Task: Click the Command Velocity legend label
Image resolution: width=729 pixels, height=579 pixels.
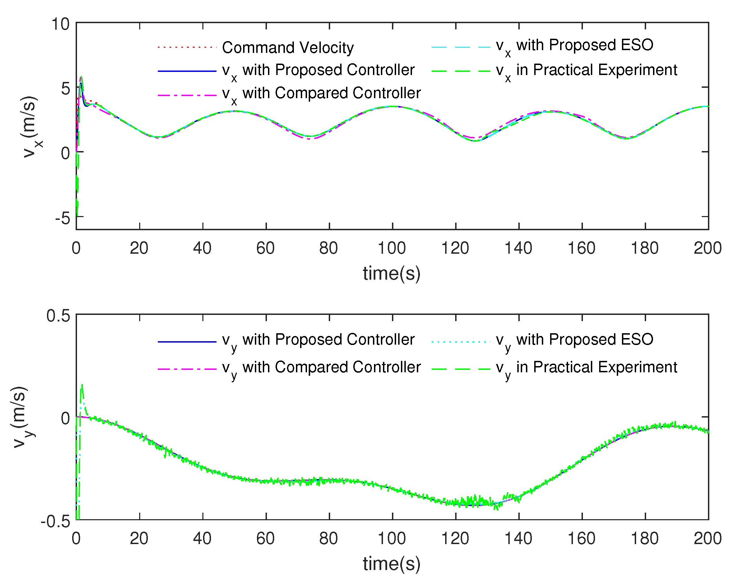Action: click(288, 48)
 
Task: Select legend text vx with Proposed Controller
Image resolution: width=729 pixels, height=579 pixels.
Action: click(318, 71)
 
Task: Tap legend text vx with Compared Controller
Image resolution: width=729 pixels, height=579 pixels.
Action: click(321, 94)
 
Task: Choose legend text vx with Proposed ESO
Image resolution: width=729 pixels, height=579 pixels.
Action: click(574, 46)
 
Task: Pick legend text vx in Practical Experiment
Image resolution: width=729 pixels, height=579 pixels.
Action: click(586, 71)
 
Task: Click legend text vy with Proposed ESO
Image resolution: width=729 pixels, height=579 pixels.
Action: click(574, 340)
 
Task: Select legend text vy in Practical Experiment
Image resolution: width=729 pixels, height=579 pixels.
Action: click(586, 368)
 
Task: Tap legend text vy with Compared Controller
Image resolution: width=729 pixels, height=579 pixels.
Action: click(321, 368)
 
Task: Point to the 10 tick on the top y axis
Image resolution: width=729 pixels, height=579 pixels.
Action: click(60, 24)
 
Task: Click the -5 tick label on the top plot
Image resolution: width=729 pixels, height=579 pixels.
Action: click(63, 218)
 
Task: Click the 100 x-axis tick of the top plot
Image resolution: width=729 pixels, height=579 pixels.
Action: click(392, 248)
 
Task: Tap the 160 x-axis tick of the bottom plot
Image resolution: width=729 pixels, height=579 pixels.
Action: click(582, 539)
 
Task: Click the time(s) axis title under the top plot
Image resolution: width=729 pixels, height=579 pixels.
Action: click(392, 273)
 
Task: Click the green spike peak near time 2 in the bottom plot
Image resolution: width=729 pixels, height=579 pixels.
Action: click(82, 385)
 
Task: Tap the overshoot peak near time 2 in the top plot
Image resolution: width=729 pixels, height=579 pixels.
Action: click(81, 77)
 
